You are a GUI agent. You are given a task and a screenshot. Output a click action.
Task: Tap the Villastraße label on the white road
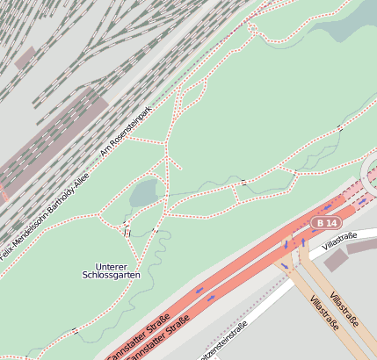[339, 238]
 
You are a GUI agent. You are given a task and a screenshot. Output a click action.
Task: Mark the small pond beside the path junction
[145, 192]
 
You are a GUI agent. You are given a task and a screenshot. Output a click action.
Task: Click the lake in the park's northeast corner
[347, 23]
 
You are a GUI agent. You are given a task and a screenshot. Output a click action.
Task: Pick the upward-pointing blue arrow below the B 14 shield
[303, 241]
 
